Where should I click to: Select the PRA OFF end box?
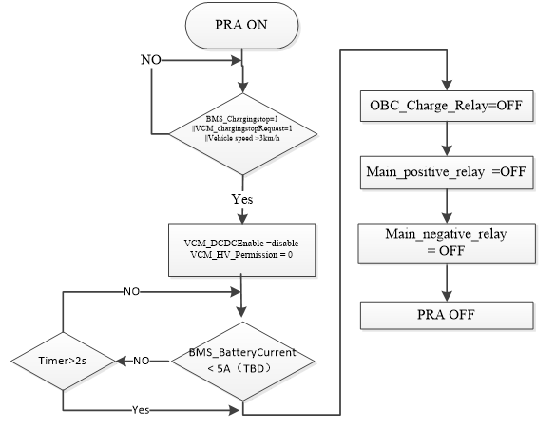[x=445, y=316]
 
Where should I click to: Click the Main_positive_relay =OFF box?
[x=445, y=173]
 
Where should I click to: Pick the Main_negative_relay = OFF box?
[x=445, y=242]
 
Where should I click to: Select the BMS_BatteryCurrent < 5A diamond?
[x=243, y=361]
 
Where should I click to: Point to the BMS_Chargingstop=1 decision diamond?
[x=243, y=128]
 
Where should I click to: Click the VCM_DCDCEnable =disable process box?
[x=243, y=249]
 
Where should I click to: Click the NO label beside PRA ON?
[x=151, y=60]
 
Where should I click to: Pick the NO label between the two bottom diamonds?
[x=141, y=362]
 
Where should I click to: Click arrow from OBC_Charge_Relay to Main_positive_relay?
[x=445, y=140]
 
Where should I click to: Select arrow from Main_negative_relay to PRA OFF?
[x=445, y=283]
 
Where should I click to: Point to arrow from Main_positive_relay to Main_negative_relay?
[x=445, y=206]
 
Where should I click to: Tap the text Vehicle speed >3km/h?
[x=243, y=139]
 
